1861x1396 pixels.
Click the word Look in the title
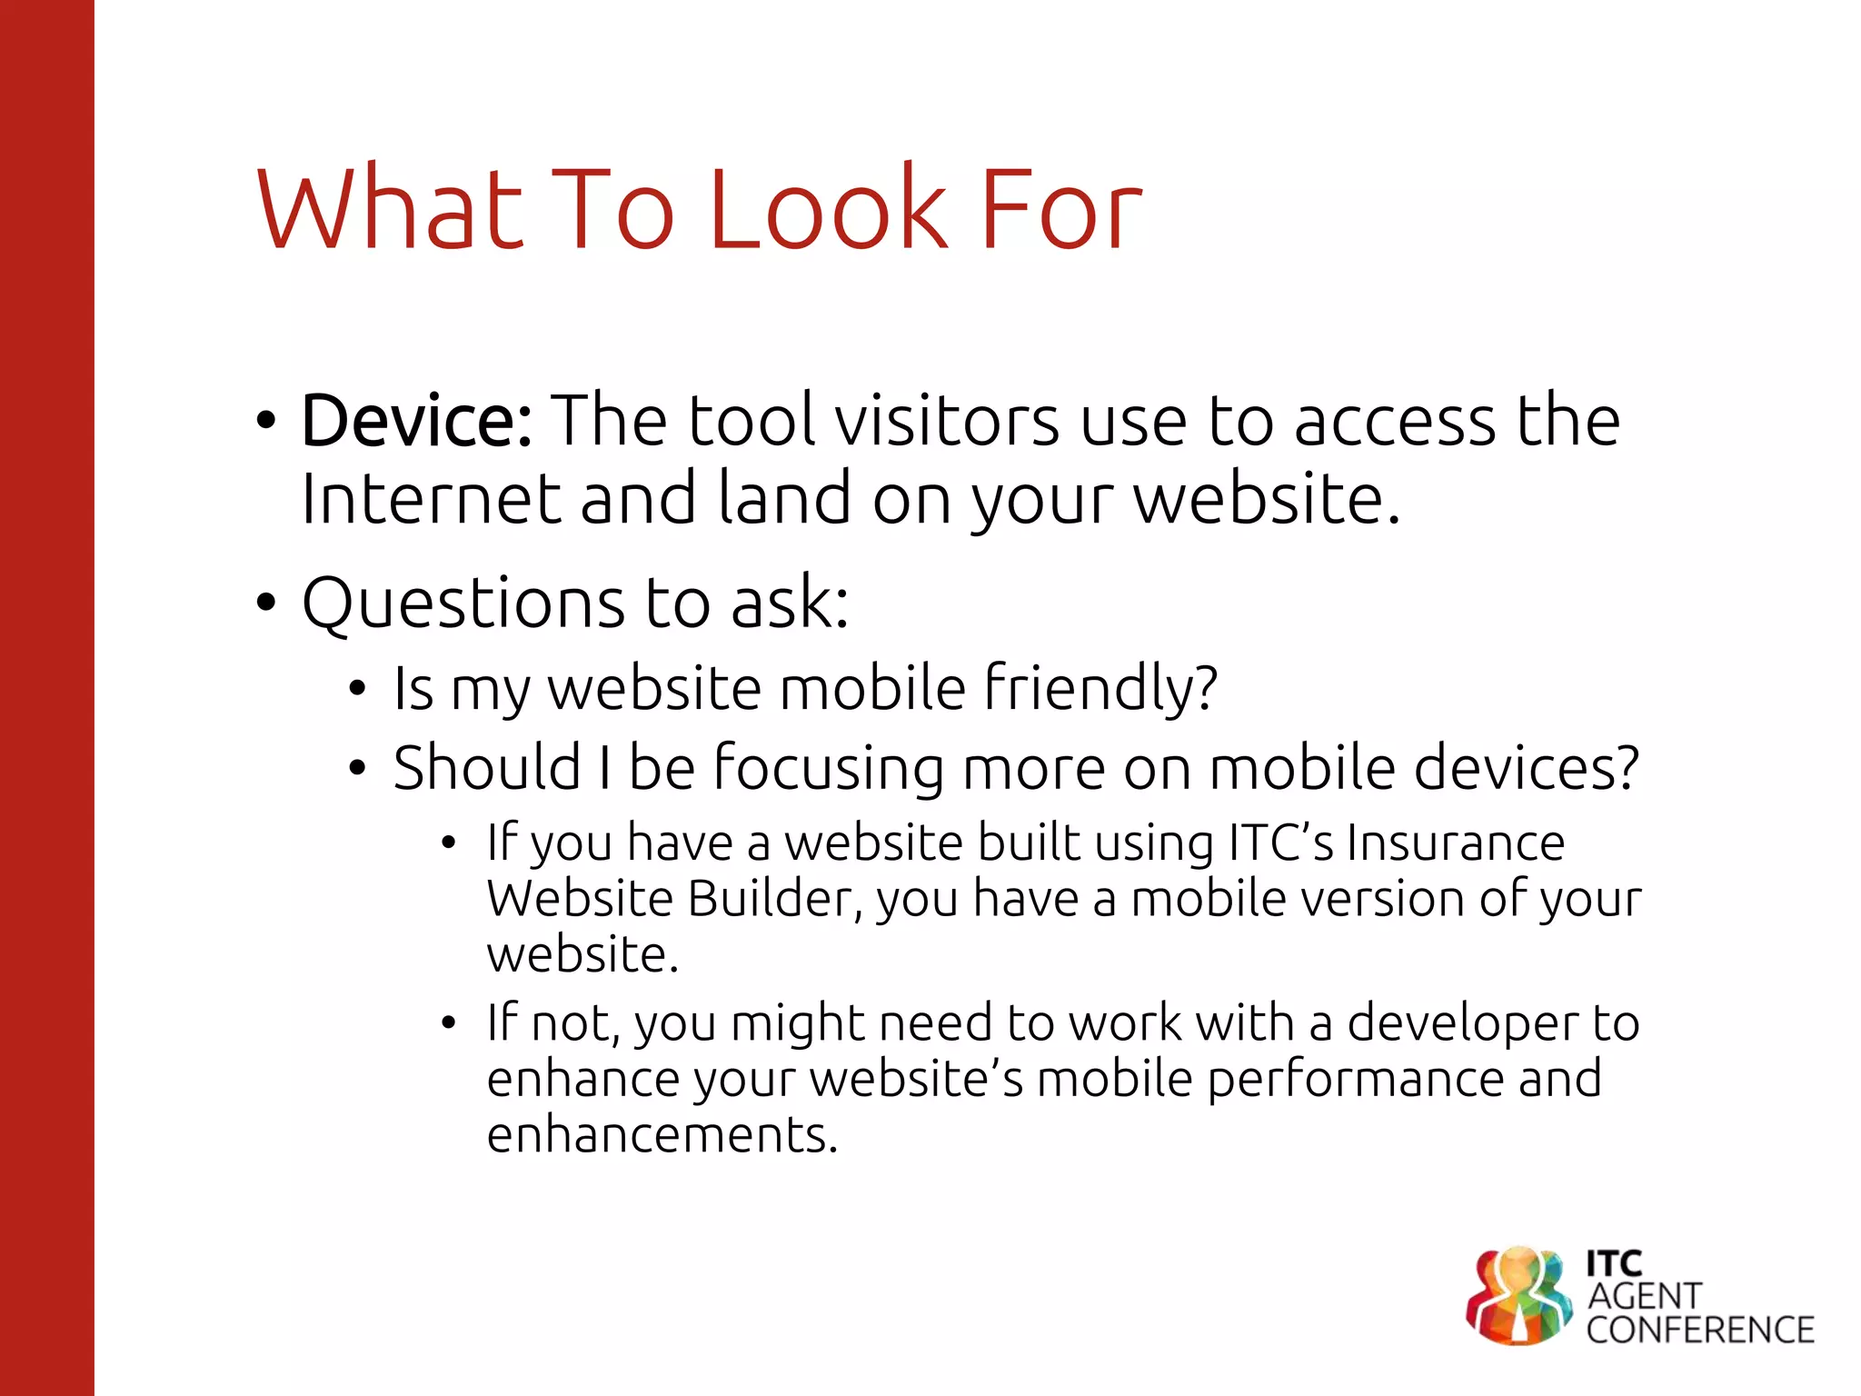pyautogui.click(x=827, y=211)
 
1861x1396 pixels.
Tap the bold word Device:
pyautogui.click(x=417, y=422)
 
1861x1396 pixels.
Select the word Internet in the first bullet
pyautogui.click(x=431, y=500)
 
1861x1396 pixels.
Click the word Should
pyautogui.click(x=487, y=768)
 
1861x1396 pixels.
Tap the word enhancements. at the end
pyautogui.click(x=662, y=1135)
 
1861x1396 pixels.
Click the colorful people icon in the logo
pyautogui.click(x=1518, y=1295)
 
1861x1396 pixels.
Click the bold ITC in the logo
pyautogui.click(x=1614, y=1263)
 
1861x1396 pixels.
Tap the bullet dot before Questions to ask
pyautogui.click(x=265, y=603)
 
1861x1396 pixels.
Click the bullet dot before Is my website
pyautogui.click(x=358, y=689)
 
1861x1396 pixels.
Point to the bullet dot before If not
pyautogui.click(x=448, y=1024)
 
